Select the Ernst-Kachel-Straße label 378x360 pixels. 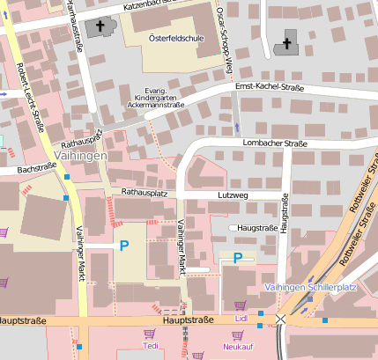click(x=270, y=86)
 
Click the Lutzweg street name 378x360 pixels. click(x=233, y=194)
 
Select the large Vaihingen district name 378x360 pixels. click(x=80, y=155)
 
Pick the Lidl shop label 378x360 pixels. click(x=241, y=316)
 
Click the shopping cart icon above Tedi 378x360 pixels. click(x=149, y=334)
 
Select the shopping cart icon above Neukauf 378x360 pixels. click(x=237, y=334)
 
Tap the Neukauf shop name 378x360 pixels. click(x=237, y=347)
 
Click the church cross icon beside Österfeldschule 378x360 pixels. click(x=99, y=27)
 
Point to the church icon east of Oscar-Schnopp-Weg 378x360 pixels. click(x=286, y=43)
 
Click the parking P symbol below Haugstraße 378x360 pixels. click(x=238, y=258)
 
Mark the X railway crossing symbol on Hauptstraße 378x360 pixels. click(x=280, y=320)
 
